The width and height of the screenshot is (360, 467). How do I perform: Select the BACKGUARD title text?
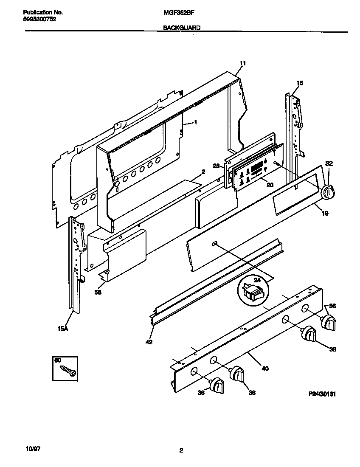tap(182, 28)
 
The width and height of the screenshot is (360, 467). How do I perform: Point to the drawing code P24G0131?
tap(322, 394)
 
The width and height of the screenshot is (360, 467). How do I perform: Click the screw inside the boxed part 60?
tap(68, 370)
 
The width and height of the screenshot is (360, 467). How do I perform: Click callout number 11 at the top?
tap(242, 63)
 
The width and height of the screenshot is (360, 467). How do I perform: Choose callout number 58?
tap(98, 292)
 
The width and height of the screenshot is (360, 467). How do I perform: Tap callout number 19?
tap(324, 214)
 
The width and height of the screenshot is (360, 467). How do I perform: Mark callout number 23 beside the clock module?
tap(216, 166)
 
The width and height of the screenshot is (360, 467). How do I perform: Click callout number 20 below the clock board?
tap(269, 184)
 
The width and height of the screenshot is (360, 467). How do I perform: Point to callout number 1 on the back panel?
tap(195, 122)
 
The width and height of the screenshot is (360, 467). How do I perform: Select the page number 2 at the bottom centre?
tap(181, 450)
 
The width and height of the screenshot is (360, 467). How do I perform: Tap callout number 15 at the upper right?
tap(300, 83)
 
